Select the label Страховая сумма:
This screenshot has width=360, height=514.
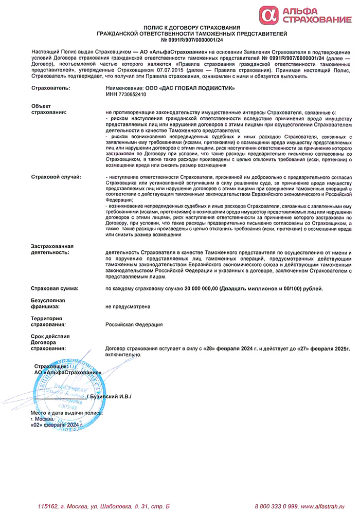pyautogui.click(x=55, y=289)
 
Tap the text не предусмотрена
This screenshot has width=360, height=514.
pyautogui.click(x=128, y=306)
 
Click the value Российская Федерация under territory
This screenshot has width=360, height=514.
pyautogui.click(x=134, y=324)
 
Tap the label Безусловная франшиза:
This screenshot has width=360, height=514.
pyautogui.click(x=48, y=303)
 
